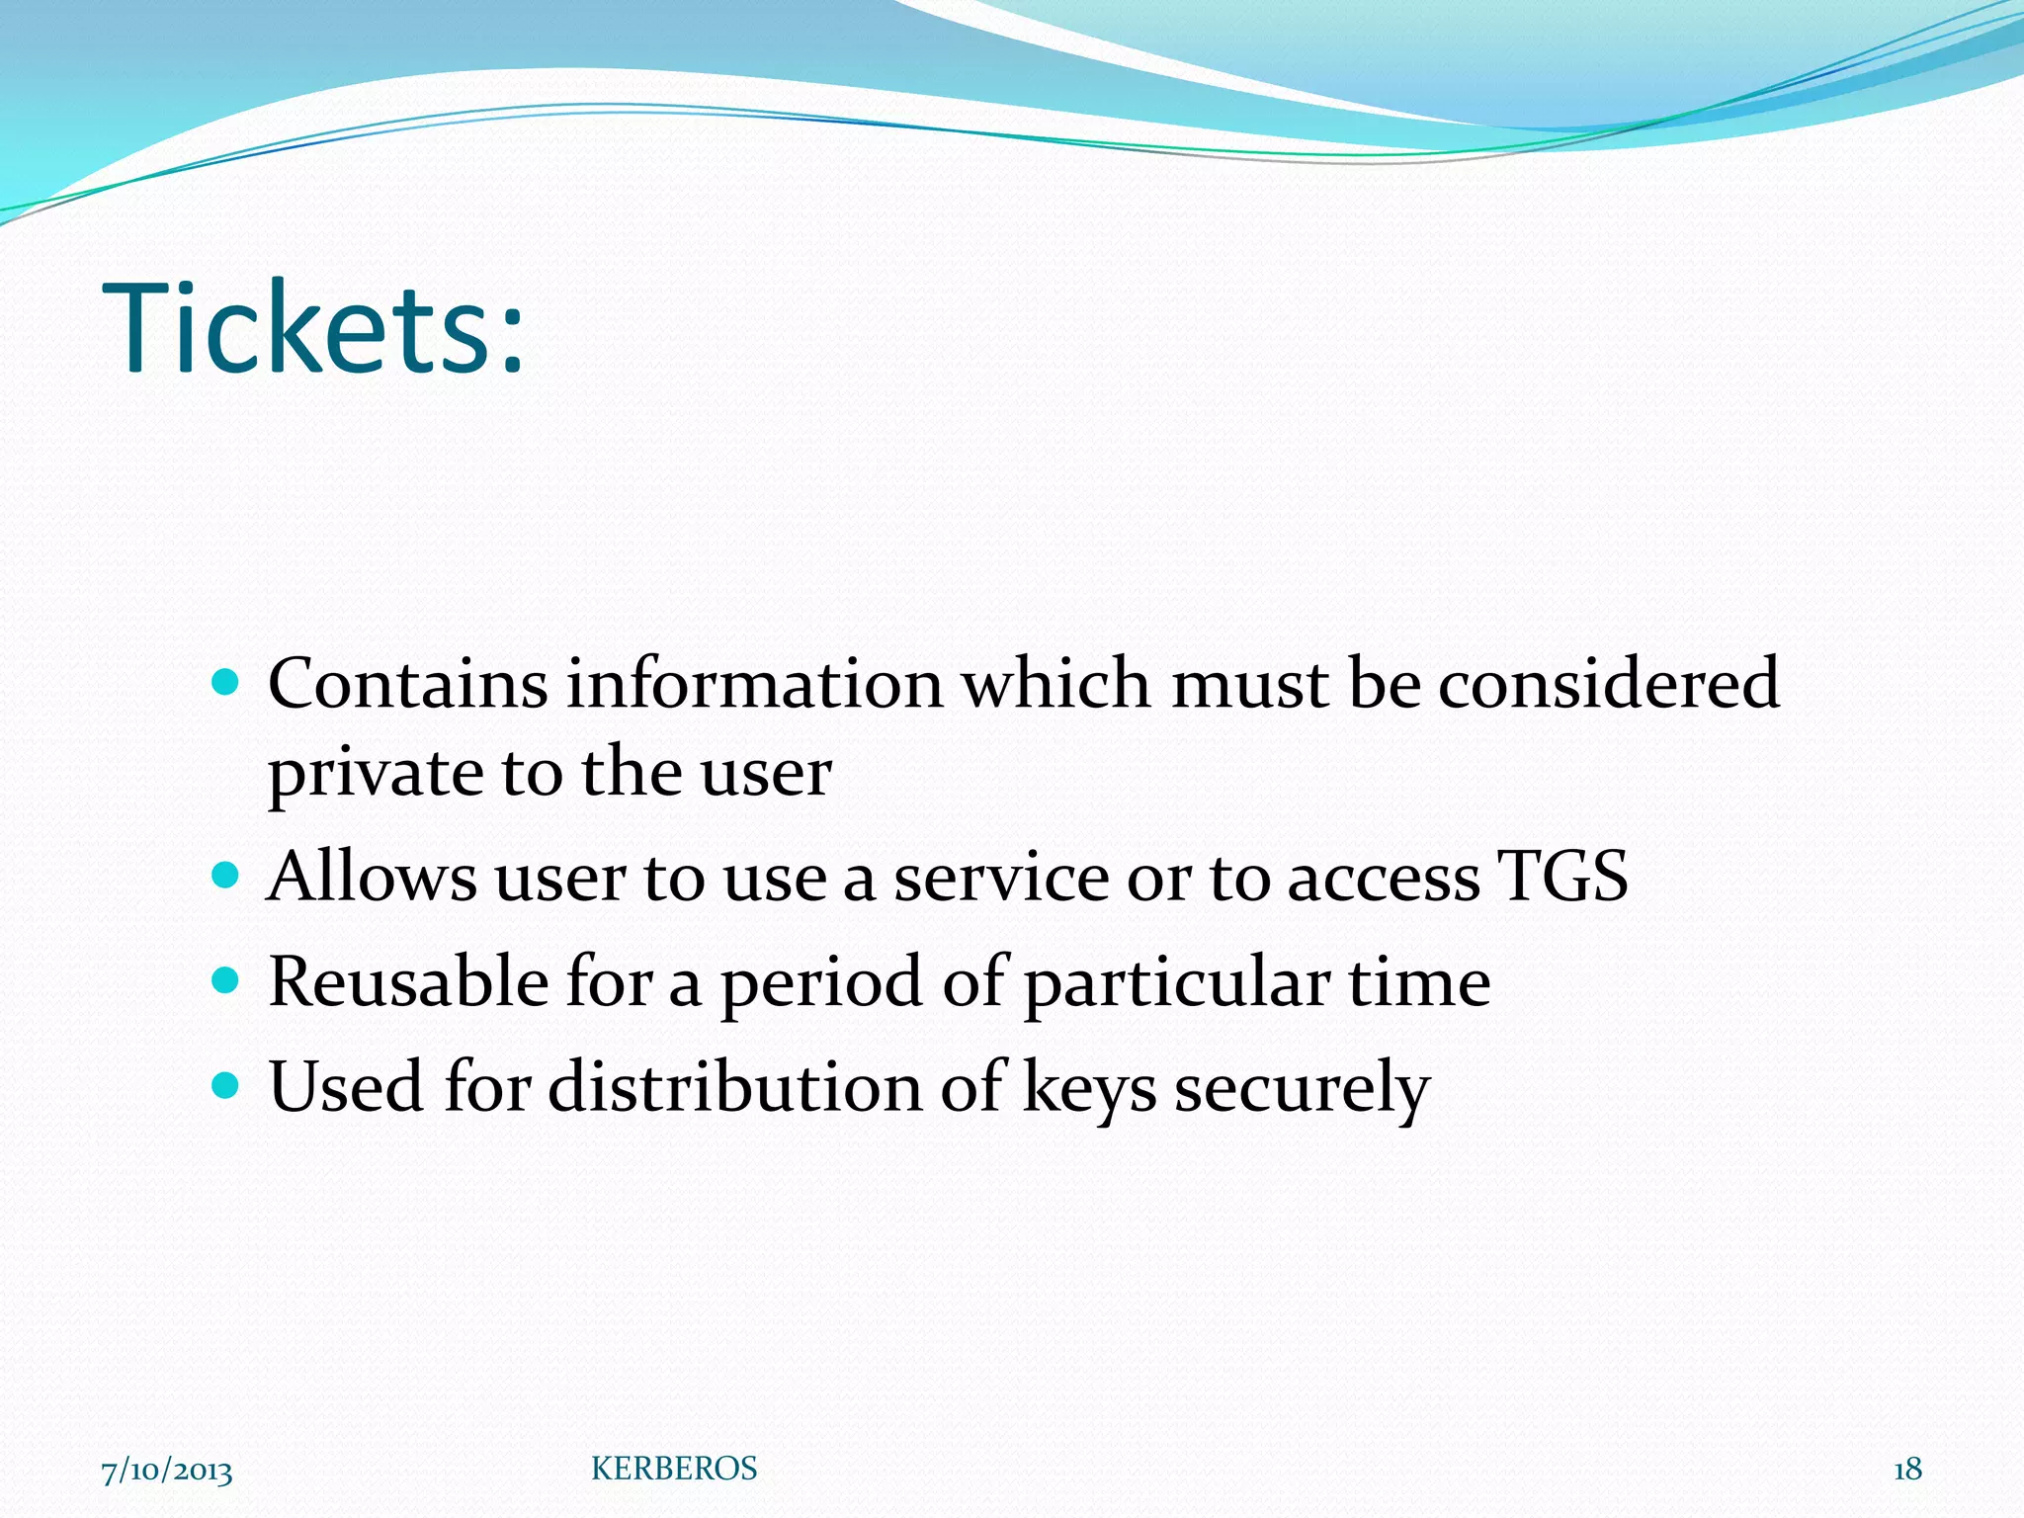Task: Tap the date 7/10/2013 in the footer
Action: [x=167, y=1471]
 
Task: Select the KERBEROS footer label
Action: [x=674, y=1470]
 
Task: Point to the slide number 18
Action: [x=1907, y=1470]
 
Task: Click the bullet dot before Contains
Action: [x=226, y=682]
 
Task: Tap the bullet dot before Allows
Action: [x=226, y=876]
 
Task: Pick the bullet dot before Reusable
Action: [x=226, y=980]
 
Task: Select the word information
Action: [x=755, y=684]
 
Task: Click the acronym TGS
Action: [x=1562, y=878]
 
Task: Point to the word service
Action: [x=1001, y=878]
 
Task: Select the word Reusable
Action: [x=408, y=982]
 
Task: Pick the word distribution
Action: [x=734, y=1087]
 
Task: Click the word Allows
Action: [x=372, y=878]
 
